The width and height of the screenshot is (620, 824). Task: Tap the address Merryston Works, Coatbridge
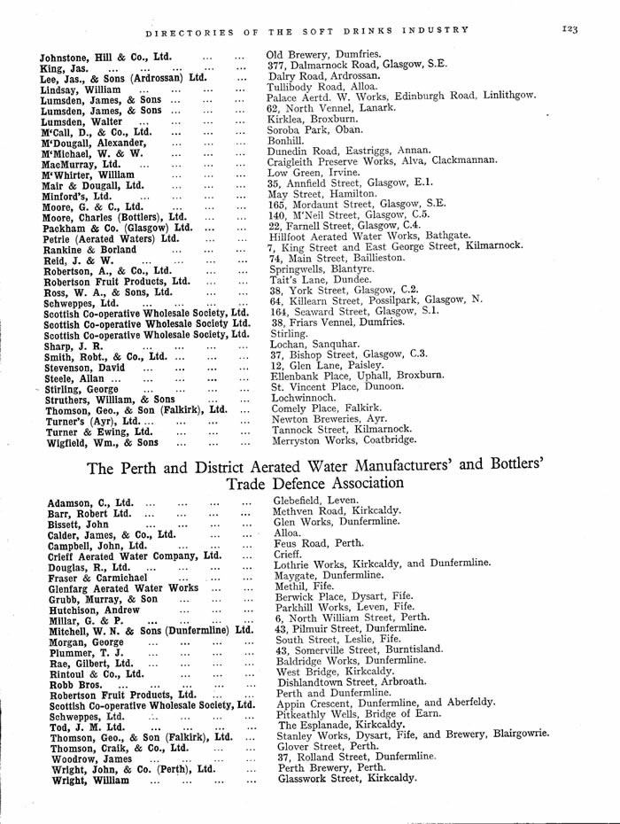coord(344,439)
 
